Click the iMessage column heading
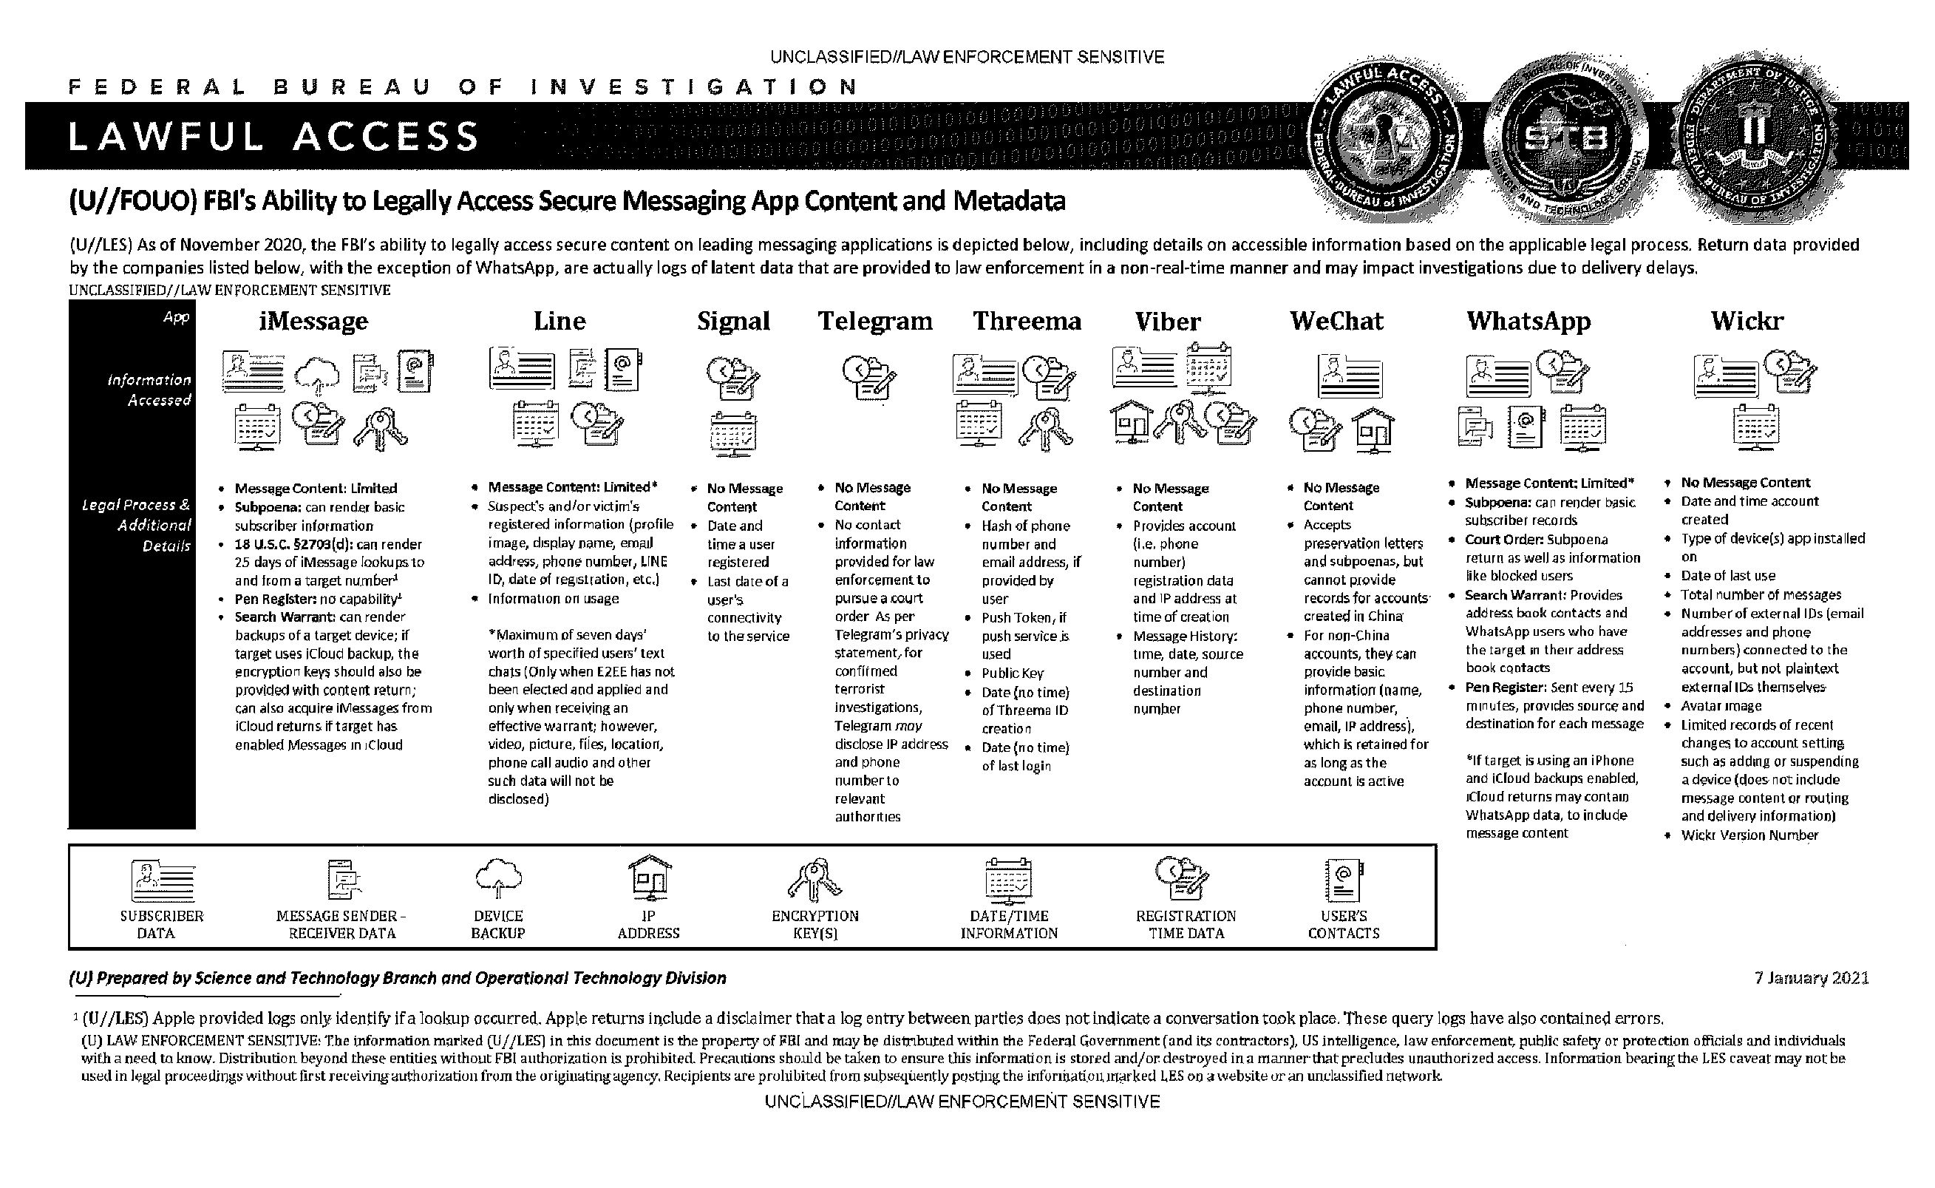pyautogui.click(x=313, y=322)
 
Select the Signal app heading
pyautogui.click(x=733, y=322)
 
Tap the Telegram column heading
pyautogui.click(x=875, y=322)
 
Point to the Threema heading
pyautogui.click(x=1027, y=322)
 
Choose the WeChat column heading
pyautogui.click(x=1336, y=322)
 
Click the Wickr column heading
pyautogui.click(x=1747, y=322)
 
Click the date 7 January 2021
pyautogui.click(x=1811, y=978)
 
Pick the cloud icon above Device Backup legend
pyautogui.click(x=499, y=878)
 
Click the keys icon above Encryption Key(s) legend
pyautogui.click(x=815, y=878)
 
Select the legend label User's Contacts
pyautogui.click(x=1343, y=925)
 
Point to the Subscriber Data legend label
pyautogui.click(x=161, y=925)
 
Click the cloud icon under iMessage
pyautogui.click(x=317, y=374)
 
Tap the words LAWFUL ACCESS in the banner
pyautogui.click(x=273, y=137)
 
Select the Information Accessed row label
pyautogui.click(x=149, y=390)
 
